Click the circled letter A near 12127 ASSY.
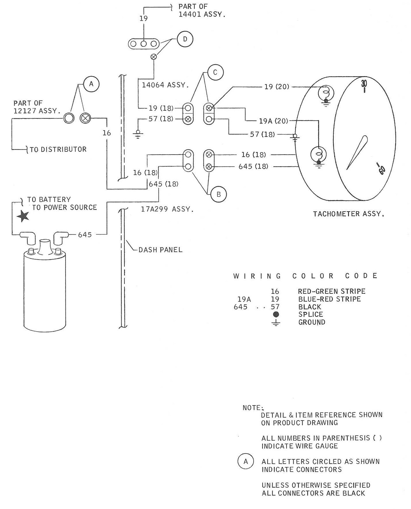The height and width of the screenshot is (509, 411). pos(91,84)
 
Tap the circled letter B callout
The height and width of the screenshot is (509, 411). pos(219,194)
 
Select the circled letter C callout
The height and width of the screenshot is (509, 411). pos(215,73)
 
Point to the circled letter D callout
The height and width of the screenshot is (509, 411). pos(185,39)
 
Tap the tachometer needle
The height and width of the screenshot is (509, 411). pos(358,152)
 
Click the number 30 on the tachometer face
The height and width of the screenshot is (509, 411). pos(364,84)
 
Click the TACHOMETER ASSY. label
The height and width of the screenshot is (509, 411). pos(349,214)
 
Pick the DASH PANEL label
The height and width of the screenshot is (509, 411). pos(160,250)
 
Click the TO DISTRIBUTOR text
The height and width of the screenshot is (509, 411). pos(58,149)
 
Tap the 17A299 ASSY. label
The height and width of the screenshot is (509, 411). pos(167,209)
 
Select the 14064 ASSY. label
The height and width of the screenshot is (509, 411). pos(165,85)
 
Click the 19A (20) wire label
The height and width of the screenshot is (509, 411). pos(273,121)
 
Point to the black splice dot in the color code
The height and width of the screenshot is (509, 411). pos(276,314)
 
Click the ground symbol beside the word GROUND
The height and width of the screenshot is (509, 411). pos(276,323)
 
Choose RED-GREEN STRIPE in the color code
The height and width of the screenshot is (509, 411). pos(331,291)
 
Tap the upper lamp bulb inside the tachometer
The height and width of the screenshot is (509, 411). pos(326,93)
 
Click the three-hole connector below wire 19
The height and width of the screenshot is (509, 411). pos(143,44)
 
